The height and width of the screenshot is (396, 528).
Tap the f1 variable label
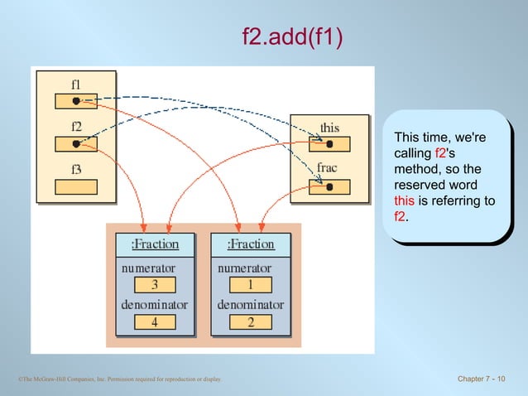tap(75, 83)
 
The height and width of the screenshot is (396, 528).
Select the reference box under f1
tap(75, 101)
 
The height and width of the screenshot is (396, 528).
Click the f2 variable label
tap(75, 126)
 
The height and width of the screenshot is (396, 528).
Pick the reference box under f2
tap(75, 144)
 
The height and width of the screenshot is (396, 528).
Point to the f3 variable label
tap(75, 170)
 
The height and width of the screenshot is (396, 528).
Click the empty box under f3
tap(75, 187)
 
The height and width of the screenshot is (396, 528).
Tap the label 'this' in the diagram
tap(329, 128)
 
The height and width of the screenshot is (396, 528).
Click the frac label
tap(328, 168)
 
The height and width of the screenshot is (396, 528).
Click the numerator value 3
tap(154, 285)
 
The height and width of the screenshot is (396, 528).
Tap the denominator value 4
tap(154, 322)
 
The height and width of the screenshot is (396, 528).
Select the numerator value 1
tap(251, 285)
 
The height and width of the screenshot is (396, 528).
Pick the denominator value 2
tap(251, 322)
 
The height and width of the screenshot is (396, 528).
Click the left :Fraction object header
tap(154, 244)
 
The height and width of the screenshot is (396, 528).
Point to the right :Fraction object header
tap(251, 244)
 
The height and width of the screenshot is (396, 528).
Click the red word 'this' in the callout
tap(405, 201)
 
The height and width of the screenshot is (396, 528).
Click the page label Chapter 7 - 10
tap(481, 379)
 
